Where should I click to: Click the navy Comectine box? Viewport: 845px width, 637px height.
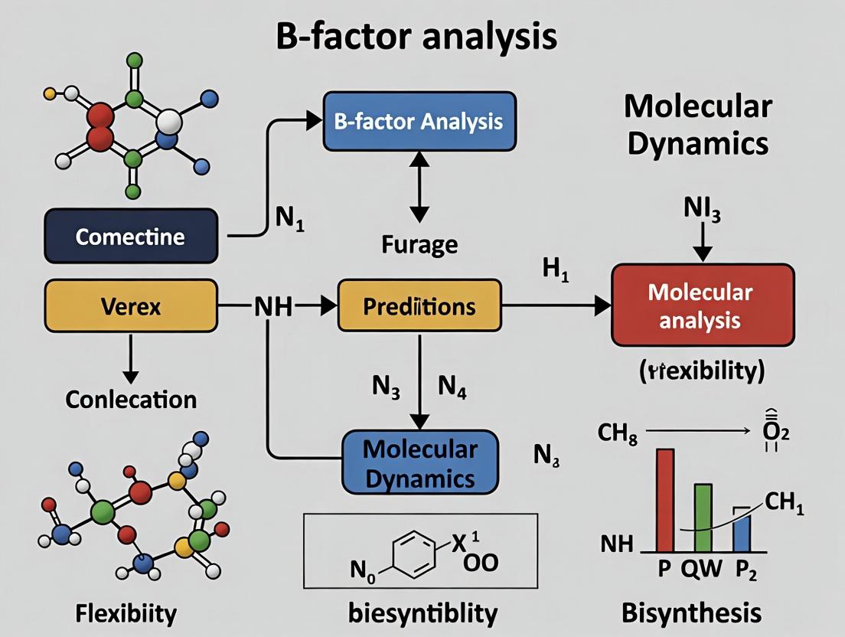[130, 235]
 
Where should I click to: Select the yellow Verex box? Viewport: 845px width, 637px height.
[130, 306]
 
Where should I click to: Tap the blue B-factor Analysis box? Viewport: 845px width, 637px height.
[419, 121]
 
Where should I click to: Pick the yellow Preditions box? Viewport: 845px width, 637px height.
[419, 306]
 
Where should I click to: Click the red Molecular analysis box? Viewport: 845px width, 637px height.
[702, 305]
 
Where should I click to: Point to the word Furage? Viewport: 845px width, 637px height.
[419, 244]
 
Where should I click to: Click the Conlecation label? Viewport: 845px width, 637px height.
[131, 399]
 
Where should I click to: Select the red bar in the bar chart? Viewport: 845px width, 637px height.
[664, 501]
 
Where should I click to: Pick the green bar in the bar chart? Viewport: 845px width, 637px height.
[703, 518]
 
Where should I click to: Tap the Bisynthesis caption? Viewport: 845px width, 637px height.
[691, 612]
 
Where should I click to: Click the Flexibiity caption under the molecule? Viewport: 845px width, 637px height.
[126, 612]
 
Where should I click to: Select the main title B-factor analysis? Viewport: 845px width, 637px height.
[416, 37]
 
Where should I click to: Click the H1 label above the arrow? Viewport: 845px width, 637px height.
[555, 272]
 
